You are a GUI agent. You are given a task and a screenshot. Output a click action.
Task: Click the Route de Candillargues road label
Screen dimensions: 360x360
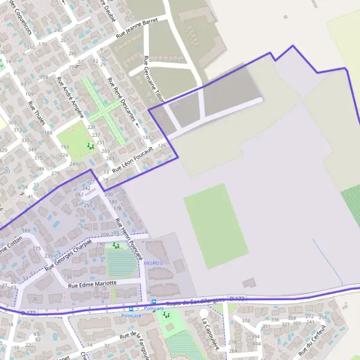point(196,302)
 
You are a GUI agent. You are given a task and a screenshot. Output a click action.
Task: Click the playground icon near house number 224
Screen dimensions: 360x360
point(90,146)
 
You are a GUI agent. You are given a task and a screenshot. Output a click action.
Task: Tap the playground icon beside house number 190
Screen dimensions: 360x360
point(116,245)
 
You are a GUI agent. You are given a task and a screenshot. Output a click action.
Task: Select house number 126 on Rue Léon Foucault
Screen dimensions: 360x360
point(162,146)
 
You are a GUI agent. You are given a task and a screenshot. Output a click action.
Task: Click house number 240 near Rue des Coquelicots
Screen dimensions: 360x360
point(58,29)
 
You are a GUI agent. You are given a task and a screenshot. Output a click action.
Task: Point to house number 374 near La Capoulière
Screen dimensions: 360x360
point(245,321)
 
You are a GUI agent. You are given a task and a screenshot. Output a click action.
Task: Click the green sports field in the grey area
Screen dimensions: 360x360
point(215,226)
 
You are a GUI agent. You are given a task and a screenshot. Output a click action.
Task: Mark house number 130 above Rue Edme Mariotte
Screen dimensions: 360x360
point(68,277)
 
